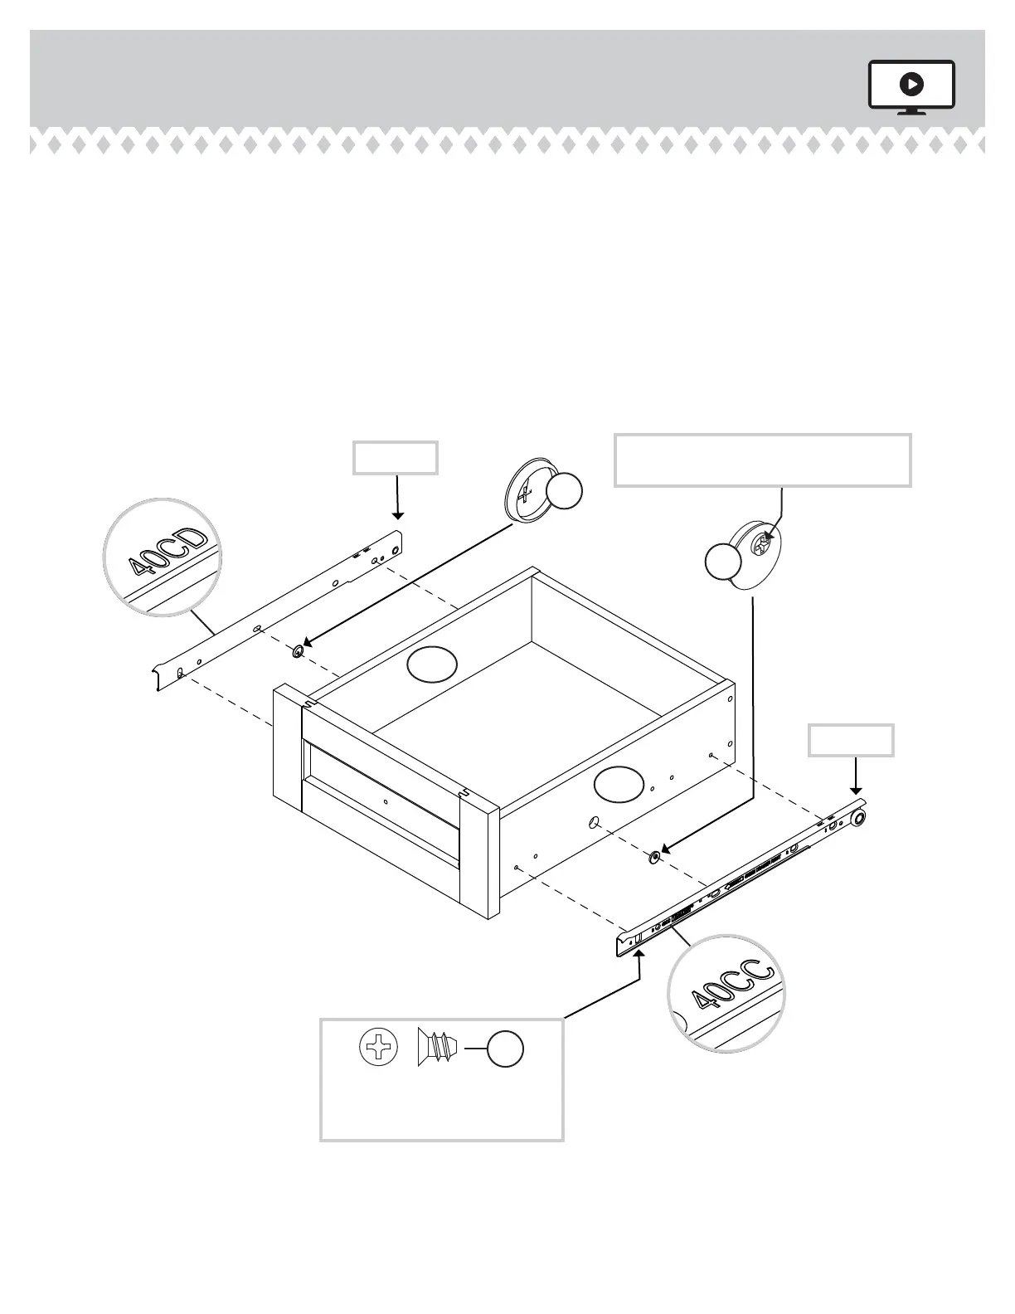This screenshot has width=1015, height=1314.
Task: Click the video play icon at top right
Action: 911,84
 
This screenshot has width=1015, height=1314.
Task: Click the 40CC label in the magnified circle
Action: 731,987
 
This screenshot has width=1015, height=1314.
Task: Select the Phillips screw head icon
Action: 379,1049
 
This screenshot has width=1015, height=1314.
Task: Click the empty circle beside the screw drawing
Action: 504,1049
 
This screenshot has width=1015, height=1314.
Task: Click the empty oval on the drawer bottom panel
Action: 432,665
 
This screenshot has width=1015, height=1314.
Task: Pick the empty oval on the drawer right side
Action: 619,784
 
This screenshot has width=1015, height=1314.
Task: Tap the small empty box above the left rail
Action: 396,458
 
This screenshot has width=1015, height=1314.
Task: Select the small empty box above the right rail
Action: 851,740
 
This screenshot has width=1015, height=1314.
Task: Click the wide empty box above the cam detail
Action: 762,460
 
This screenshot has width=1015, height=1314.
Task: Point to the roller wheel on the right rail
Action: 857,820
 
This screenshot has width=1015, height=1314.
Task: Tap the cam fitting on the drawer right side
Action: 654,855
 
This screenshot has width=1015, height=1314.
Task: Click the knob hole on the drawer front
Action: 386,802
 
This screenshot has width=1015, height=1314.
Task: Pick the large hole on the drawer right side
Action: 594,823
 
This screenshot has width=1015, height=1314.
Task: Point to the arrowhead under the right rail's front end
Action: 639,956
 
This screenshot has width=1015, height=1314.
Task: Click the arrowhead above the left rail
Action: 398,516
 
